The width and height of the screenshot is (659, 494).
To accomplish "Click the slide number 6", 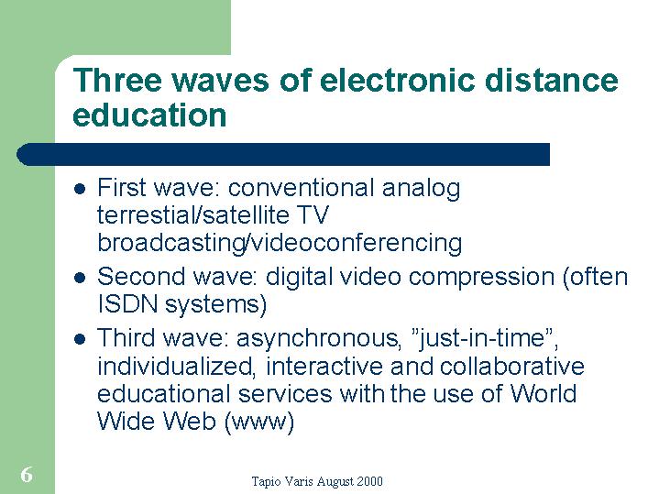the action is tap(27, 475).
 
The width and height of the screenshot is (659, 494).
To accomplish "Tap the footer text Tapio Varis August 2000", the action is tap(317, 481).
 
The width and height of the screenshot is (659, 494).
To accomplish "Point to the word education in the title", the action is tap(149, 115).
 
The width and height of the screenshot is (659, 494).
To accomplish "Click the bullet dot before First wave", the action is tap(80, 189).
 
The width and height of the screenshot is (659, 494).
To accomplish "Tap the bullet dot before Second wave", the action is tap(80, 278).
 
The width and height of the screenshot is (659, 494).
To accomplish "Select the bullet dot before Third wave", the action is tap(80, 339).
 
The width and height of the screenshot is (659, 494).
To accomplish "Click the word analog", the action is tap(421, 189).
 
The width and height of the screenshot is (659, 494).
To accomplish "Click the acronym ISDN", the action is tap(127, 303).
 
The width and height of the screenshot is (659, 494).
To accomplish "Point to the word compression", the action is tap(481, 278).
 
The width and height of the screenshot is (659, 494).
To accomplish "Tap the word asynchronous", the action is tap(317, 339).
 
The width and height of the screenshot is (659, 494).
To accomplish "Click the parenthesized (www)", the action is tap(259, 422).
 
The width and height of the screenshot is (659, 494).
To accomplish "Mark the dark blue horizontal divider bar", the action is tap(283, 154).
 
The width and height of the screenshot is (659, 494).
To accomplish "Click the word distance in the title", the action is tap(552, 80).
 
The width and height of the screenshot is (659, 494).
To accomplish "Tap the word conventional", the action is tap(301, 188).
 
